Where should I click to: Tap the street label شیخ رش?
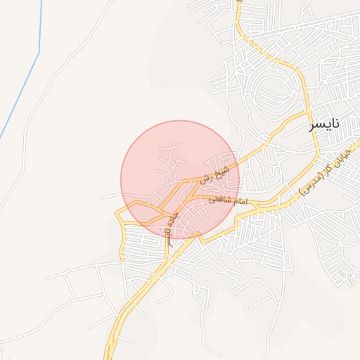pyautogui.click(x=213, y=174)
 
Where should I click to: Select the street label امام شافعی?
pyautogui.click(x=227, y=200)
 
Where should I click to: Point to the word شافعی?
pyautogui.click(x=218, y=200)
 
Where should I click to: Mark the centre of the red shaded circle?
pyautogui.click(x=180, y=180)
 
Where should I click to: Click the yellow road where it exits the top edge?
pyautogui.click(x=239, y=3)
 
